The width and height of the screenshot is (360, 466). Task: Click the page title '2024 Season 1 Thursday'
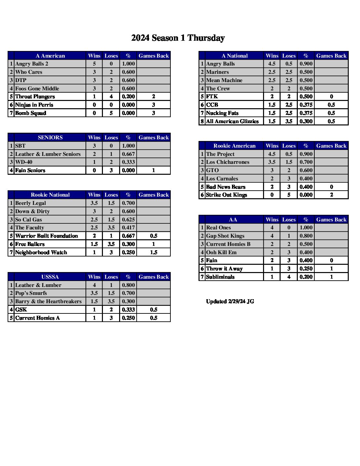(x=178, y=38)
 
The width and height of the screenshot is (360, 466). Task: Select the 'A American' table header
(x=50, y=56)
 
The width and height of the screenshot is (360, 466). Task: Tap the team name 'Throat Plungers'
(x=35, y=97)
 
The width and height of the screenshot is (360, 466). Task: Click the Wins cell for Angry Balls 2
(x=94, y=64)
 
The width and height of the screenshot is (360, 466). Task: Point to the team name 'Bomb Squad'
(x=30, y=113)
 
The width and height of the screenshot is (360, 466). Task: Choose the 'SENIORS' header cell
(x=50, y=137)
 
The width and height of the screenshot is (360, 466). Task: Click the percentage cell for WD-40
(x=128, y=162)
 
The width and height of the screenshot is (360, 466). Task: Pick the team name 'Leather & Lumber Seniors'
(x=48, y=154)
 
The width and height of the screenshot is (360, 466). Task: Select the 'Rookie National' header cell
(x=50, y=195)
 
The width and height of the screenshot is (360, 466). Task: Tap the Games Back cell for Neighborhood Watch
(x=154, y=252)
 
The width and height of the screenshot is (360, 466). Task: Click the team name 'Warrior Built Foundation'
(x=46, y=236)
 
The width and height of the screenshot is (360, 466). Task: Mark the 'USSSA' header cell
(x=50, y=277)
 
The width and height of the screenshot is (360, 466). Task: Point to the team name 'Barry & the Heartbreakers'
(x=48, y=302)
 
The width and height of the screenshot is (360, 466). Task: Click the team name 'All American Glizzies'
(x=232, y=121)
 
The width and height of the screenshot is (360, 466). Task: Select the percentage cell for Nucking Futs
(x=306, y=113)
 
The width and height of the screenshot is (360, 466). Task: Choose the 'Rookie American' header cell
(x=234, y=146)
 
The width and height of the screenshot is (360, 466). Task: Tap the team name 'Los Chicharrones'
(x=227, y=162)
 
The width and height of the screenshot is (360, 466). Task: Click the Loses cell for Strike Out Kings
(x=289, y=195)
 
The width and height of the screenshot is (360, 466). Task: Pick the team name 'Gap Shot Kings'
(x=225, y=236)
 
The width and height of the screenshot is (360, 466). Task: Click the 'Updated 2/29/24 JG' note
(x=230, y=302)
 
